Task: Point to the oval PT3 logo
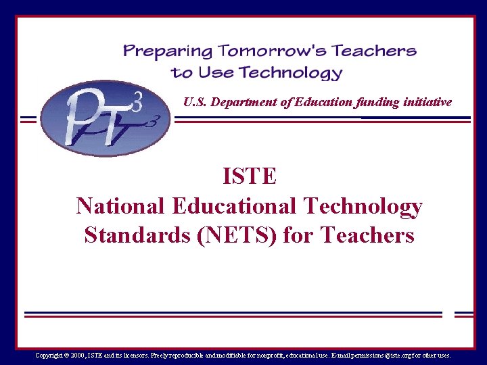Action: coord(105,118)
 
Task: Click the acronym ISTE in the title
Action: coord(250,176)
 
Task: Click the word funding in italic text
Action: coord(374,102)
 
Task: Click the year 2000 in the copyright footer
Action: coord(77,355)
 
